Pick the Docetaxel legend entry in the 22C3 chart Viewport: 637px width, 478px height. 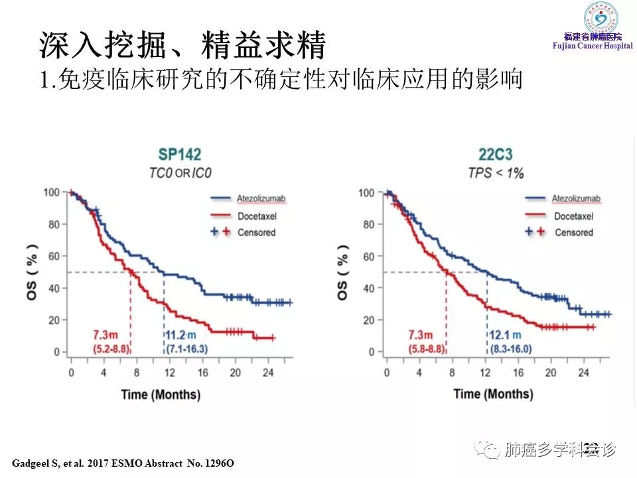(x=573, y=216)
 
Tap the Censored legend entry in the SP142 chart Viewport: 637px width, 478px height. (x=255, y=232)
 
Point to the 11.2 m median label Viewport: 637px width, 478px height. (x=180, y=335)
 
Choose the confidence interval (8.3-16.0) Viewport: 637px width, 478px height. (x=510, y=349)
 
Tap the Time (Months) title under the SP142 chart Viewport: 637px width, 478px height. (x=160, y=394)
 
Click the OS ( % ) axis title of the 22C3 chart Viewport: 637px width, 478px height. (x=342, y=272)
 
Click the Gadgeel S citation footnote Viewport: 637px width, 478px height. (x=124, y=461)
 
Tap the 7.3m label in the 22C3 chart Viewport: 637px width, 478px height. (x=421, y=335)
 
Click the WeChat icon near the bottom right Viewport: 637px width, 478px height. (x=492, y=451)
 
